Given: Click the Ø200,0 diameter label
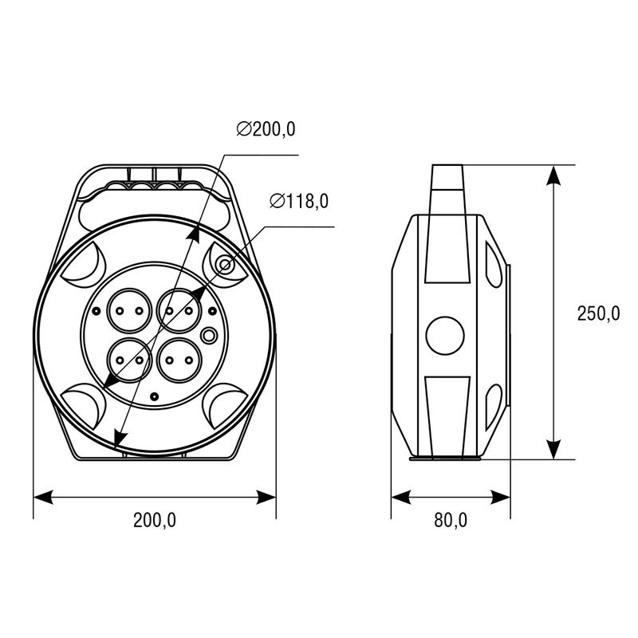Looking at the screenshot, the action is (266, 129).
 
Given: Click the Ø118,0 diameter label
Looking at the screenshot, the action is (299, 201).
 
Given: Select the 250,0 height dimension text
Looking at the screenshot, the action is (598, 313).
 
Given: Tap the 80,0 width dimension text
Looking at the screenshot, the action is (451, 520).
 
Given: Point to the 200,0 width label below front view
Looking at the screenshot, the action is (155, 520).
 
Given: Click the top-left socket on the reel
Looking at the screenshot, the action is (129, 311).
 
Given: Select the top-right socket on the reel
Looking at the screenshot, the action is (179, 311).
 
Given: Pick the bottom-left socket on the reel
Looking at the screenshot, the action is (129, 360).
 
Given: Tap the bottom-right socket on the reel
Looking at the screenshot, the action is (179, 360).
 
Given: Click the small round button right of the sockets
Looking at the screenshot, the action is (209, 335).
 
